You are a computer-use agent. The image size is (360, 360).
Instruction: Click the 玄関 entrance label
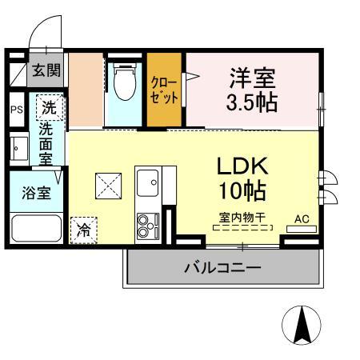pyautogui.click(x=45, y=70)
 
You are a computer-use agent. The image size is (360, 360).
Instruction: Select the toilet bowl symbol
pyautogui.click(x=124, y=83)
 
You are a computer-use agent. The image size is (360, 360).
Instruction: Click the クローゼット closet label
pyautogui.click(x=166, y=90)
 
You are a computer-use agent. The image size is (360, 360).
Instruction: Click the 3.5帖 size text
pyautogui.click(x=252, y=103)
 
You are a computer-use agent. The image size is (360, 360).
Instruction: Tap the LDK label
pyautogui.click(x=243, y=167)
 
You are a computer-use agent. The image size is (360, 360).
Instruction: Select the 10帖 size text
pyautogui.click(x=243, y=192)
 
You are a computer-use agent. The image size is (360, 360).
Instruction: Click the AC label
pyautogui.click(x=302, y=218)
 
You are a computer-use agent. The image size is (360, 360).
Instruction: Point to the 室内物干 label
pyautogui.click(x=242, y=218)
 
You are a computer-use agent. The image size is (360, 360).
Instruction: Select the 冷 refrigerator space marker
pyautogui.click(x=83, y=230)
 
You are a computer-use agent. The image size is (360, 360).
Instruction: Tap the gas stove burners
pyautogui.click(x=147, y=226)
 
